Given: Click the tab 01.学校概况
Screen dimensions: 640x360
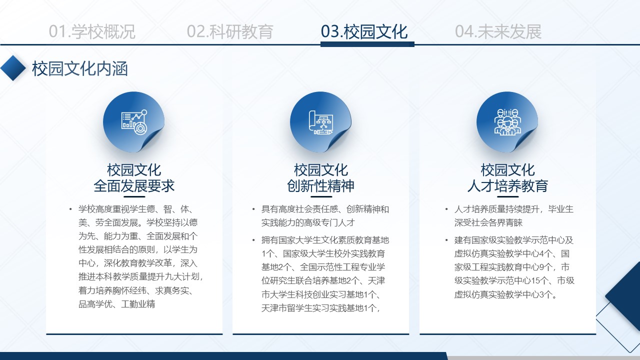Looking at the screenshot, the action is (x=92, y=31).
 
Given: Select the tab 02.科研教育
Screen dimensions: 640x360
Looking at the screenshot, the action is (x=230, y=31).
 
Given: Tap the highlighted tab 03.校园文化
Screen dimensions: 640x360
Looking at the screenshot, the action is (x=364, y=31).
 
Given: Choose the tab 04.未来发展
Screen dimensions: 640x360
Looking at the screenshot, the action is (x=498, y=31).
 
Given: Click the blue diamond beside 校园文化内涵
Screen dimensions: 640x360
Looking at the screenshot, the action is (x=13, y=68).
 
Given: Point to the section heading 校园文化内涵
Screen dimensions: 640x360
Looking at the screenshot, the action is (x=79, y=69).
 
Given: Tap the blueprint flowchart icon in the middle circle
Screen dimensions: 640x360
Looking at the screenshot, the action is (x=321, y=122).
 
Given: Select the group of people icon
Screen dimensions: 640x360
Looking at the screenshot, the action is (x=507, y=121).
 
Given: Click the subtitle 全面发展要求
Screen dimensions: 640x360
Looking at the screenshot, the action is (x=134, y=186).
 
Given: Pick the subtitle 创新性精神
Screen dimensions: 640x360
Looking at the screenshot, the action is (x=321, y=186).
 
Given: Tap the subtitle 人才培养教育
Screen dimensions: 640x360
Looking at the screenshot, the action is (x=507, y=186).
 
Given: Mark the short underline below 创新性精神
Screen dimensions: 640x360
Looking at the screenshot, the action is (x=321, y=196).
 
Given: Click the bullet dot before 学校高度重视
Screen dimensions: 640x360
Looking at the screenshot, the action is (x=70, y=209).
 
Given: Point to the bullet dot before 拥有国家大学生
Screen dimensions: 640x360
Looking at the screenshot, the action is (x=253, y=240).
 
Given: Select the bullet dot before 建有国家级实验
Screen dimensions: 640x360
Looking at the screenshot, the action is (x=446, y=240).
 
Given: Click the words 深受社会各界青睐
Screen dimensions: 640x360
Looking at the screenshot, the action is (x=488, y=223).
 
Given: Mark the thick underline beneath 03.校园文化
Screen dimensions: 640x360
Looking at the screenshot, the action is (x=367, y=44).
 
